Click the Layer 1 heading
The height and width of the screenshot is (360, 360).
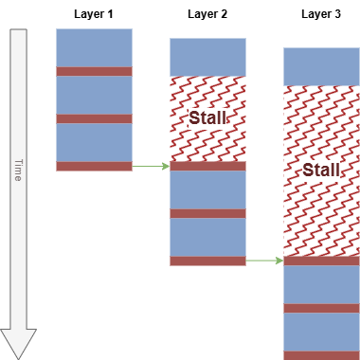94,14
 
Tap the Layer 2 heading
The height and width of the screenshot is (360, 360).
207,14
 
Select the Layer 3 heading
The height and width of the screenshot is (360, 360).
321,14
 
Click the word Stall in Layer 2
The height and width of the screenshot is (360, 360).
207,118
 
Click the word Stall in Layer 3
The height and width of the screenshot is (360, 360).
321,171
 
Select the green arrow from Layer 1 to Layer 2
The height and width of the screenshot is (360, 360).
151,166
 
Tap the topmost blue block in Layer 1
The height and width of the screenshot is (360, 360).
94,47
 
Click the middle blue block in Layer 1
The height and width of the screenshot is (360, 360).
94,95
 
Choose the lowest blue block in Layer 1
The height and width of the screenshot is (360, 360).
94,142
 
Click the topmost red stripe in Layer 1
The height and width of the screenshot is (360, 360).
94,71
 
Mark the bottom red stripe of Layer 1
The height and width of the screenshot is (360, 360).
94,166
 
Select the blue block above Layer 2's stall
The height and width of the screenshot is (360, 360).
207,57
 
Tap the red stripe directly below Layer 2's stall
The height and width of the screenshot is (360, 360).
207,166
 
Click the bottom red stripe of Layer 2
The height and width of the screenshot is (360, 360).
207,261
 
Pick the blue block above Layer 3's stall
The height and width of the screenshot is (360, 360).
321,66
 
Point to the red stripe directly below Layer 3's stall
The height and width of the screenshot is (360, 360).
321,261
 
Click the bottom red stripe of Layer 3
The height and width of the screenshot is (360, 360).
321,355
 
